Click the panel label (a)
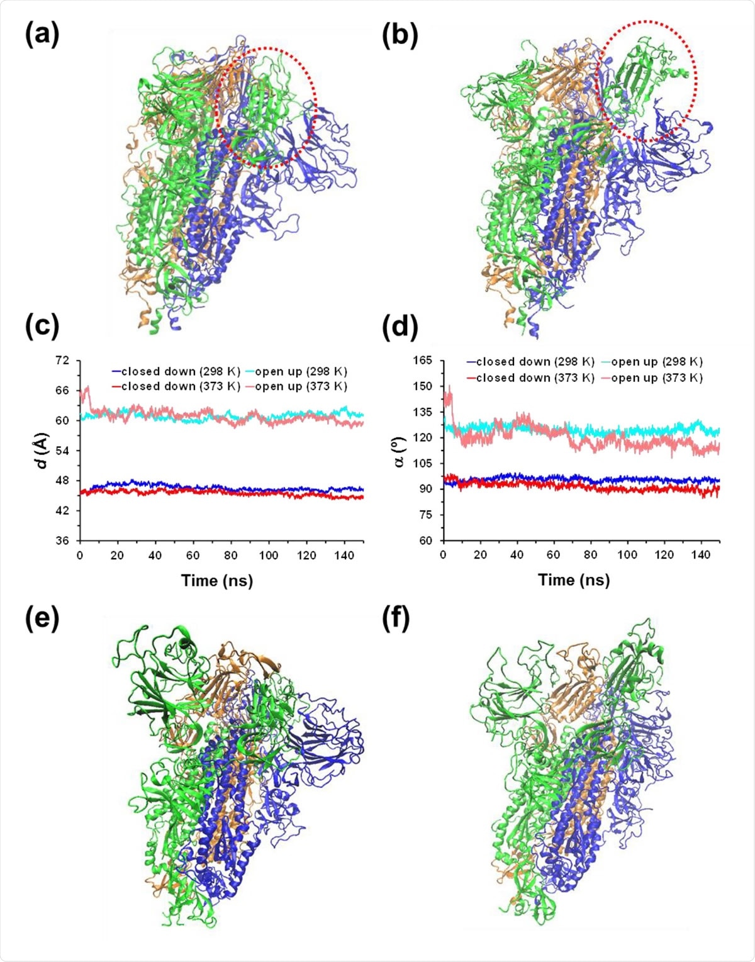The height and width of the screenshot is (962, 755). tap(42, 35)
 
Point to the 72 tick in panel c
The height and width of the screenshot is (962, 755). tap(62, 360)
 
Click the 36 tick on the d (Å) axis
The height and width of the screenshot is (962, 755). tap(62, 540)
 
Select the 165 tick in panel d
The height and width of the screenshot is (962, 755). tap(422, 361)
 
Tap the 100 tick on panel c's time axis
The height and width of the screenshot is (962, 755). tap(269, 556)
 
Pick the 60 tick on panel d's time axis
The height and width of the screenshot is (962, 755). tap(553, 555)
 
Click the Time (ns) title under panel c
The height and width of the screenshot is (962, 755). tap(217, 580)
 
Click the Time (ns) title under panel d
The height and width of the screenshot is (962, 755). tap(574, 579)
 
